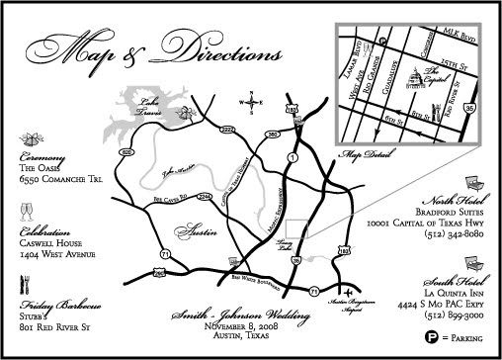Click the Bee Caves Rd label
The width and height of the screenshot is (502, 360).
(171, 199)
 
